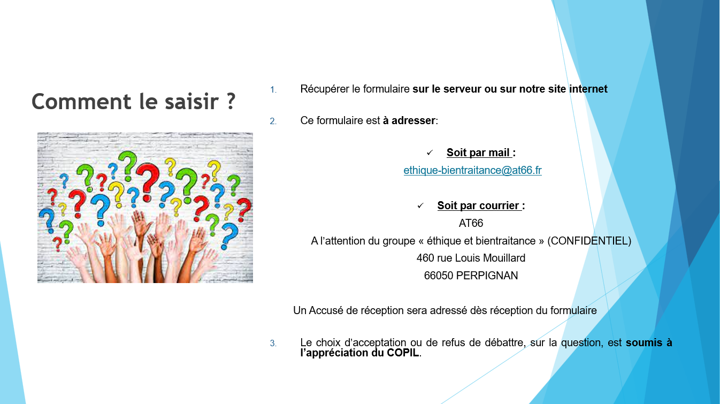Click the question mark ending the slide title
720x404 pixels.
[231, 102]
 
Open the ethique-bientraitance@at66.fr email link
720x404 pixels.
[472, 170]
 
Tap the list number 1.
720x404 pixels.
[273, 90]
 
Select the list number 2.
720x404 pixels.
[273, 121]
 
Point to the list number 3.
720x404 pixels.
[273, 344]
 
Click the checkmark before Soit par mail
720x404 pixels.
[430, 153]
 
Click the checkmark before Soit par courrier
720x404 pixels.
[420, 205]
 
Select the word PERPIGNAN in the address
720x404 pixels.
[487, 276]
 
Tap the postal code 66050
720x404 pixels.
[439, 276]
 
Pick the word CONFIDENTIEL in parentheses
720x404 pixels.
[589, 241]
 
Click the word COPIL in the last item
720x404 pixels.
[403, 353]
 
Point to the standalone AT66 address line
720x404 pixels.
[471, 223]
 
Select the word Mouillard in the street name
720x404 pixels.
[504, 258]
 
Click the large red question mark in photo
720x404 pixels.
[148, 180]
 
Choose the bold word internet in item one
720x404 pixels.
[588, 89]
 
